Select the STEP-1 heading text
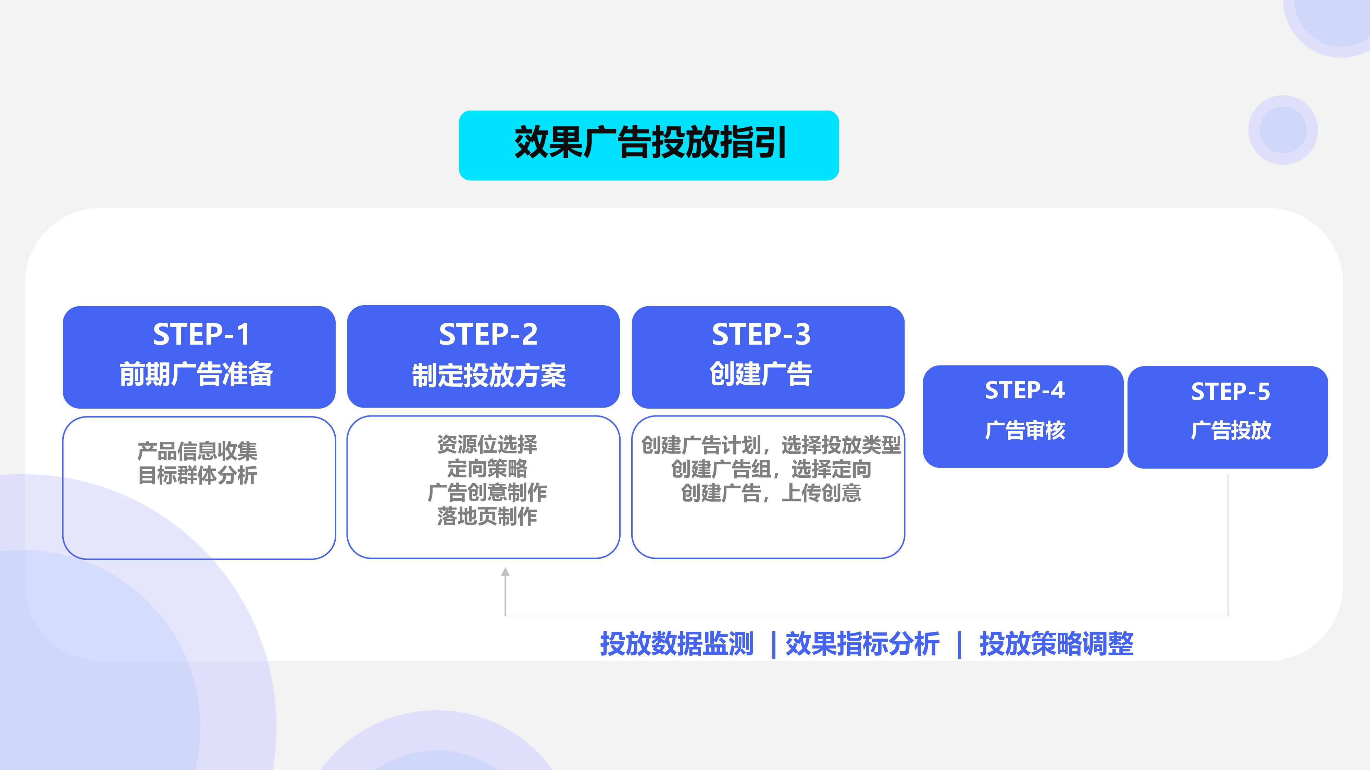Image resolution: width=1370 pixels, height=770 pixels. (x=201, y=334)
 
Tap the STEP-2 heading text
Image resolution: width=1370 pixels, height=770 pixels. (x=488, y=334)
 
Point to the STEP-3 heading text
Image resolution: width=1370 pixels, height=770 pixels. (x=761, y=334)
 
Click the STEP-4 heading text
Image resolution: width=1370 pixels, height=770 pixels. (x=1024, y=390)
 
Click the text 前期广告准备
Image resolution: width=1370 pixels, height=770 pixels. (x=196, y=374)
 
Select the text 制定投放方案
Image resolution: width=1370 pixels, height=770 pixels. (x=489, y=375)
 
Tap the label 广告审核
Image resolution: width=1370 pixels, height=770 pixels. (x=1025, y=431)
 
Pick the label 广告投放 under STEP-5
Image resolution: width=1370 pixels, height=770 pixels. (x=1230, y=431)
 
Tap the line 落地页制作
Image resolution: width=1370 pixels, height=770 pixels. (x=487, y=516)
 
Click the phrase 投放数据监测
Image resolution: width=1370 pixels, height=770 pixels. (x=676, y=644)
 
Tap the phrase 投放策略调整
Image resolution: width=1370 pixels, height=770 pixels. (x=1056, y=644)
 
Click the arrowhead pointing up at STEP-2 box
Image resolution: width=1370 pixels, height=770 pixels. (x=505, y=572)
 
